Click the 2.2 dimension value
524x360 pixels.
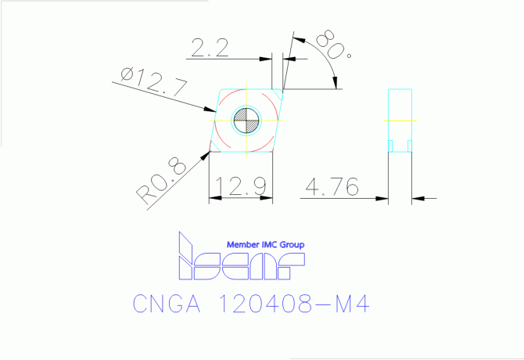[x=209, y=49]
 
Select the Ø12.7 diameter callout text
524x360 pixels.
[x=155, y=81]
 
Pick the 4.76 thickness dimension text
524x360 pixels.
[x=333, y=187]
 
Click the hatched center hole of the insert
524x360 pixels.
[x=246, y=120]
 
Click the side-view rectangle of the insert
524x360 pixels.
[x=400, y=121]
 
